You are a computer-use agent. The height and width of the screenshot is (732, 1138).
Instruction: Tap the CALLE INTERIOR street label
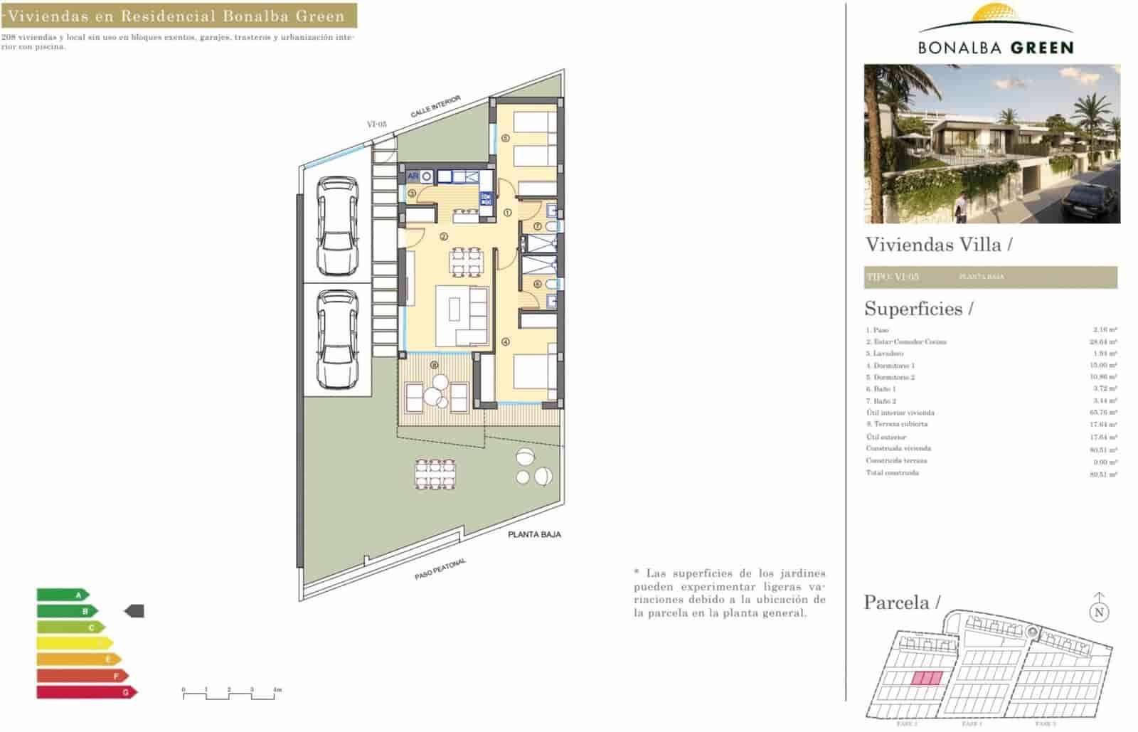click(436, 107)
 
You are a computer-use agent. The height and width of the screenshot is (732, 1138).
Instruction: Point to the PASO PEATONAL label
click(440, 569)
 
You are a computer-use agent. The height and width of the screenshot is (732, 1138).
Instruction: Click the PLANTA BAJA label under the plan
click(534, 534)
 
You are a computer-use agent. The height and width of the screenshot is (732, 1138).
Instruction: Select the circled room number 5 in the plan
click(505, 138)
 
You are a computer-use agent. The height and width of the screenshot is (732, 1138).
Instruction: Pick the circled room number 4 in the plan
click(506, 341)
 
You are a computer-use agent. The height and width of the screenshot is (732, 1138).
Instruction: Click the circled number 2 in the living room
click(443, 237)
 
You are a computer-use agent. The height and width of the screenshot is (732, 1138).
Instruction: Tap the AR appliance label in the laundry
click(413, 176)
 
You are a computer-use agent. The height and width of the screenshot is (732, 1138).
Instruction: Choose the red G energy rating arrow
click(86, 692)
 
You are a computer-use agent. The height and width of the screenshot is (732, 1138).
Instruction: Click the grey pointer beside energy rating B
click(134, 610)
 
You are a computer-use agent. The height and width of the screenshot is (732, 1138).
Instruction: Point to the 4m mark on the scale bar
click(277, 689)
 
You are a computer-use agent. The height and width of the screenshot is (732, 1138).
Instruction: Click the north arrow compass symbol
click(1100, 610)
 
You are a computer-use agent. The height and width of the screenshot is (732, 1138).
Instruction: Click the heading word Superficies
click(913, 309)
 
